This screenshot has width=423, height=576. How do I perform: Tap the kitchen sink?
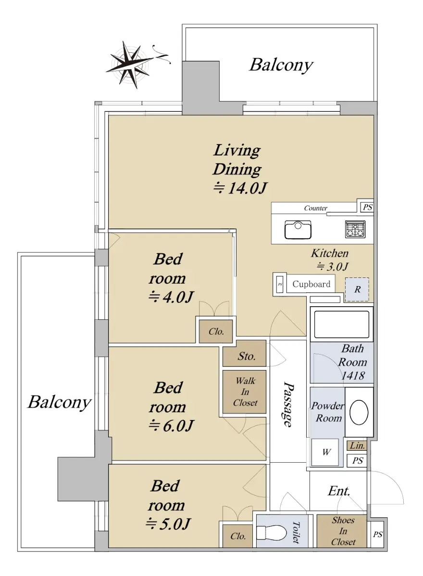pos(298,229)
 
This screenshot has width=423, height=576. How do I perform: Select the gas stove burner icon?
pos(355,229)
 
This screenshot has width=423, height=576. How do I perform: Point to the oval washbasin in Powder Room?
pos(359,412)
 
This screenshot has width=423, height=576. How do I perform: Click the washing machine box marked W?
pos(325,452)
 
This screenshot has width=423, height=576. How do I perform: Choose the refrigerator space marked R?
pos(357,289)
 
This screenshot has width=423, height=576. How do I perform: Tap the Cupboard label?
pos(311,284)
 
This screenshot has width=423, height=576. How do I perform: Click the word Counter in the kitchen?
pos(315,208)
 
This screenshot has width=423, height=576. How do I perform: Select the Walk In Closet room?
pos(244,392)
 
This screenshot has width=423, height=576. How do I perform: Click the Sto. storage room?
pos(244,354)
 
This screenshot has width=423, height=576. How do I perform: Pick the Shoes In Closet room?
pos(342,531)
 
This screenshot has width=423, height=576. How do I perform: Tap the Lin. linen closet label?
pos(357,445)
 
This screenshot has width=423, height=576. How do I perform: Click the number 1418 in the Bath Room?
pos(353,376)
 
